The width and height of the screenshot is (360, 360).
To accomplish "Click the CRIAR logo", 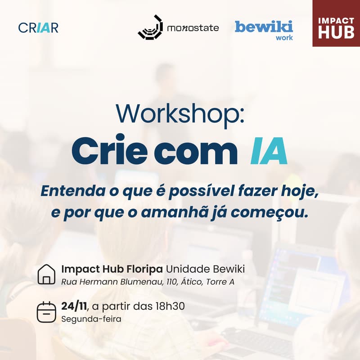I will [x=38, y=27].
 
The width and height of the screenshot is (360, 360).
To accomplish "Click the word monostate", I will [x=193, y=28].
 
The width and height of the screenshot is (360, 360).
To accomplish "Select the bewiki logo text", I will [x=264, y=26].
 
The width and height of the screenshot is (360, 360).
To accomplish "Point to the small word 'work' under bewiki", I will [x=284, y=38].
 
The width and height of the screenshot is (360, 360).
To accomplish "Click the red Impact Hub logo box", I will [x=336, y=23].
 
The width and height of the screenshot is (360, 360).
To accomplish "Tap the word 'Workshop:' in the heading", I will [x=180, y=114].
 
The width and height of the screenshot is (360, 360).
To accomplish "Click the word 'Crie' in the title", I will [x=108, y=152].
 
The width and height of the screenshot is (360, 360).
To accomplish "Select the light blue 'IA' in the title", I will [x=269, y=152].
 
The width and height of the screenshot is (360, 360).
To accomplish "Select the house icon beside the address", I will [x=46, y=274].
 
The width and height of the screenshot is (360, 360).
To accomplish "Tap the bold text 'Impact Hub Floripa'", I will [x=112, y=269].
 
